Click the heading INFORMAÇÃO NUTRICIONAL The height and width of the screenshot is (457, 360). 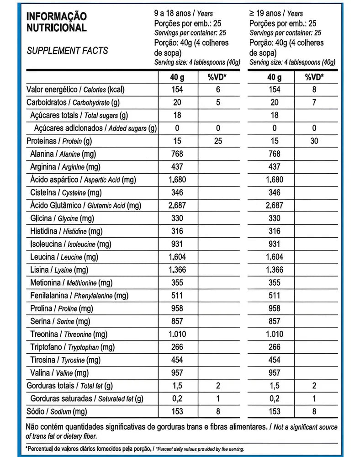57,22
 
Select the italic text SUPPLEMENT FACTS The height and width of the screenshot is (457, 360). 67,50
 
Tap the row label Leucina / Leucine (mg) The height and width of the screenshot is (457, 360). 63,257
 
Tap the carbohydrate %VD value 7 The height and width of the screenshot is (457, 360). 314,103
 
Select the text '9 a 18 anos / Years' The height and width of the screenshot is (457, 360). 184,14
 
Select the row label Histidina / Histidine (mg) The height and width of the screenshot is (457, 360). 66,232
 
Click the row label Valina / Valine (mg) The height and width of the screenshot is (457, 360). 58,373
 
